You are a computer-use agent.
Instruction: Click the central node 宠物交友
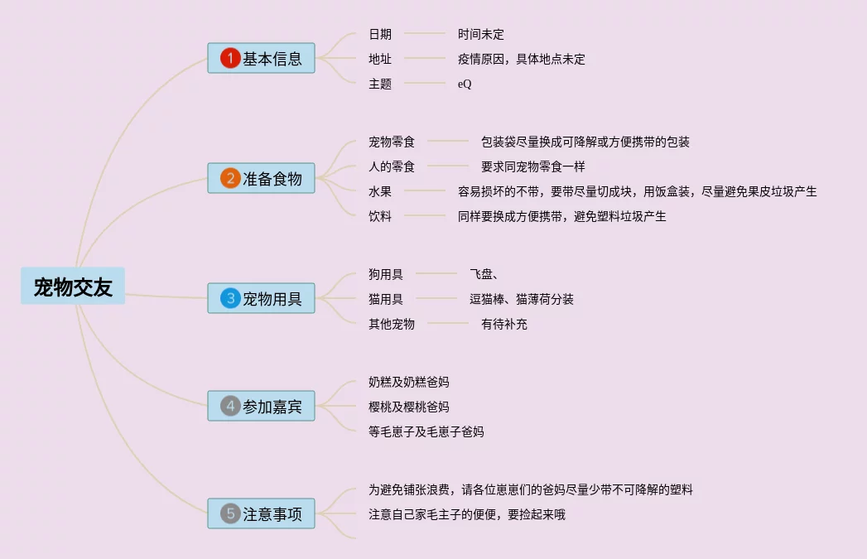pos(73,287)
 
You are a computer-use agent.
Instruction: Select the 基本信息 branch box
pos(261,59)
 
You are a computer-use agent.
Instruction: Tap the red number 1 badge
pos(230,59)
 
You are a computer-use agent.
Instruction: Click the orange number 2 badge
pos(230,178)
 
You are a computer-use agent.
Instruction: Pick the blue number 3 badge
pos(230,298)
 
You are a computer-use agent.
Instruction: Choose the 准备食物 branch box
pos(261,178)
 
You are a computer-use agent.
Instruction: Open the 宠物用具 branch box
pos(261,298)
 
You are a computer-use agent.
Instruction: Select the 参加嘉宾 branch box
pos(261,406)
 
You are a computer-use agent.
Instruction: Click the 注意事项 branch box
pos(261,513)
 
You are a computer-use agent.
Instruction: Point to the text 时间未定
pos(481,34)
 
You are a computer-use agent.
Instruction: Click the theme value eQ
pos(465,84)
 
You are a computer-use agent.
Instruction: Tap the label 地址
pos(380,59)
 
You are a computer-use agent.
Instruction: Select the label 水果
pos(380,191)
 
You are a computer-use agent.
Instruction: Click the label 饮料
pos(380,216)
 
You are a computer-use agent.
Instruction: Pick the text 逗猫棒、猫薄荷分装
pos(522,299)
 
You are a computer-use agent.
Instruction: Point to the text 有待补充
pos(504,324)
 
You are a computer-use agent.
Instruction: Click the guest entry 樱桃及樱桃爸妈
pos(409,407)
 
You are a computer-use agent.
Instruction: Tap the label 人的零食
pos(392,166)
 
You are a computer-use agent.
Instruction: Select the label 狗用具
pos(386,274)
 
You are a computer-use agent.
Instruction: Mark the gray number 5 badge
pos(230,513)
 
